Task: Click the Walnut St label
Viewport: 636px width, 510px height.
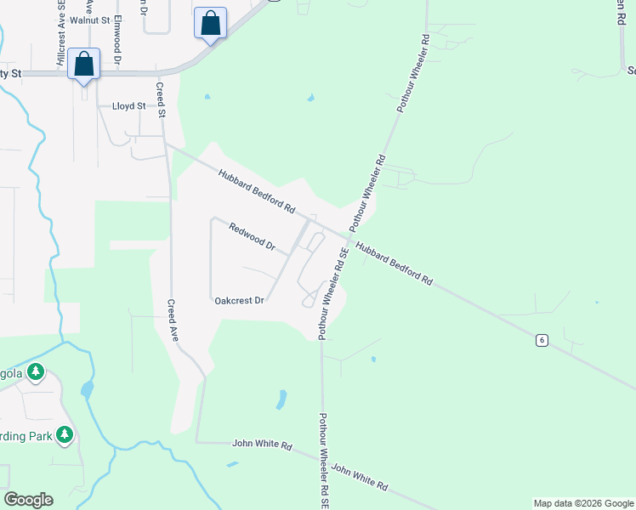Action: [91, 19]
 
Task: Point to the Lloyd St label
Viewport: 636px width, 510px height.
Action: [129, 106]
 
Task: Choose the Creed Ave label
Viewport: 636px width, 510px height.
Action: [172, 320]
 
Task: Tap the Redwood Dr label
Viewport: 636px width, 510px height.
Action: [253, 235]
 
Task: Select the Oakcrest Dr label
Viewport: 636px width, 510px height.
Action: [240, 301]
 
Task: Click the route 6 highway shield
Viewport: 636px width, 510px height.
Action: [541, 340]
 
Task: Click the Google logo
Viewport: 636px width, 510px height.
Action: [28, 500]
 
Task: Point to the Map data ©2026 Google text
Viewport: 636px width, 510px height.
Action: [582, 503]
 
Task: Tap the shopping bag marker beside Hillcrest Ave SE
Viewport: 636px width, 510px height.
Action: [84, 64]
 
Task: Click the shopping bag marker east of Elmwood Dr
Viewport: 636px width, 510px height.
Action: [211, 23]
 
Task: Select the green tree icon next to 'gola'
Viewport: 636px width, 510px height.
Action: [36, 371]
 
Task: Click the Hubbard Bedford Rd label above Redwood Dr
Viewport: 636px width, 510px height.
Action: [256, 190]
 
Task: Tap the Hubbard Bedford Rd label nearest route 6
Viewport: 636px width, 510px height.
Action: [395, 264]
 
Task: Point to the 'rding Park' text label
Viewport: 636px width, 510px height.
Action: [26, 437]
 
